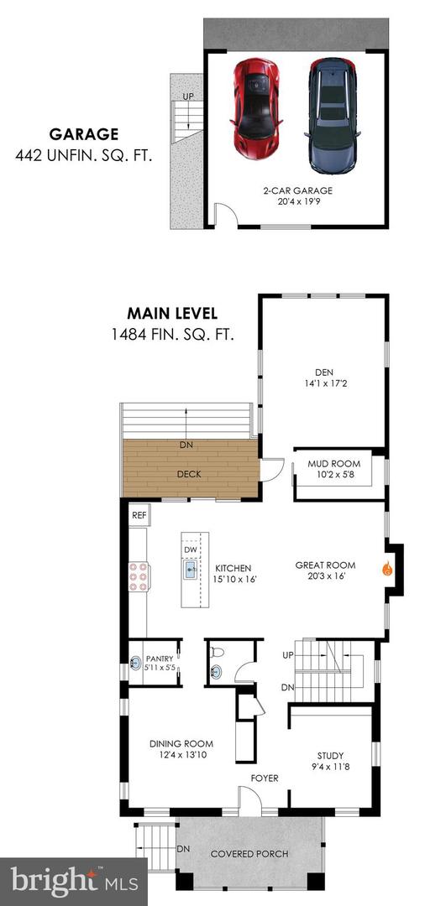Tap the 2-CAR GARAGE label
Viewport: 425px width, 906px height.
(x=296, y=190)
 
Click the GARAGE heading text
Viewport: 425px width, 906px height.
(x=83, y=133)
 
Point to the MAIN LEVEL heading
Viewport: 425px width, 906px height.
(x=172, y=314)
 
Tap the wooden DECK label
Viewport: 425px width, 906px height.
(x=190, y=474)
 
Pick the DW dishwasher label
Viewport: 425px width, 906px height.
(x=192, y=549)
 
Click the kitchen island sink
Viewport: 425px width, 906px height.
(x=192, y=572)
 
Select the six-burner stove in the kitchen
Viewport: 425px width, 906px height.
(x=139, y=576)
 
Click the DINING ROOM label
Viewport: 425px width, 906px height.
(x=181, y=743)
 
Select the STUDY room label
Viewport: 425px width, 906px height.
(x=330, y=755)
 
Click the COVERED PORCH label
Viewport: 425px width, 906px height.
(x=249, y=854)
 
